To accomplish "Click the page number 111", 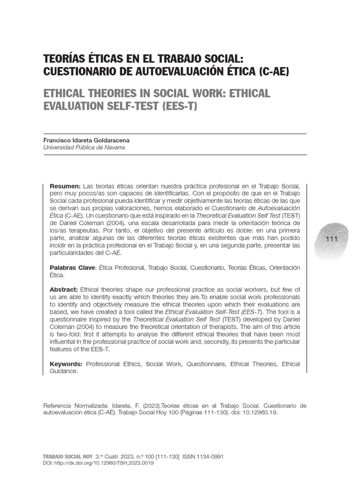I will point(331,239).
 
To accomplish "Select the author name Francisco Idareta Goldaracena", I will point(86,140).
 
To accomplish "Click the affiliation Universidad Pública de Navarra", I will point(84,147).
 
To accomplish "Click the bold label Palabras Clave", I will point(73,267).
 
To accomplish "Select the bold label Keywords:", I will point(66,364).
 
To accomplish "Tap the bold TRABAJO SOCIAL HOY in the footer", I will point(67,456).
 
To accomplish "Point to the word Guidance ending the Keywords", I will point(63,371).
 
